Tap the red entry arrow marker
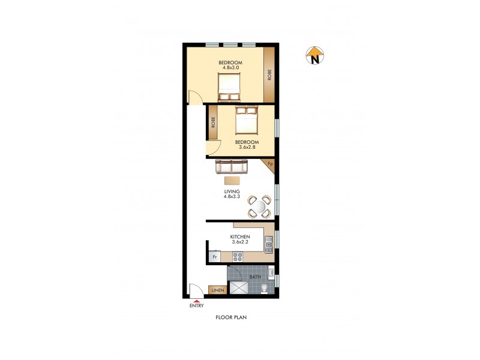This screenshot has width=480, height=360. click(x=196, y=299)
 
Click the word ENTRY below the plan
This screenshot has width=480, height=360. click(x=196, y=306)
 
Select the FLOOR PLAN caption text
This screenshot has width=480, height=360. click(x=232, y=317)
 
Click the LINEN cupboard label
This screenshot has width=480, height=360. click(x=217, y=291)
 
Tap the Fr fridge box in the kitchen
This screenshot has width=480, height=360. click(x=213, y=257)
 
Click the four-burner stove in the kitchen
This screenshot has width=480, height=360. click(x=237, y=257)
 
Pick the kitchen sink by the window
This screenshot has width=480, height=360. click(x=269, y=242)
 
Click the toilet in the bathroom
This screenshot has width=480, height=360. click(x=265, y=290)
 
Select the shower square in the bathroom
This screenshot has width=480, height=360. click(x=238, y=289)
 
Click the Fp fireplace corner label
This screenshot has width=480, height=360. click(x=270, y=164)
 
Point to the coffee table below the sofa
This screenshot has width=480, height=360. click(x=232, y=179)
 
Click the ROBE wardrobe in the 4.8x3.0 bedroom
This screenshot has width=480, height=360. click(x=269, y=74)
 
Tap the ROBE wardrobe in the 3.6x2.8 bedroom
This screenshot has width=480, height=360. click(x=213, y=122)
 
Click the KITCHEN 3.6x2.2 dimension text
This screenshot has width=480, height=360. click(x=240, y=239)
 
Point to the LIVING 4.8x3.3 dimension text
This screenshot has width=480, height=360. click(x=232, y=194)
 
